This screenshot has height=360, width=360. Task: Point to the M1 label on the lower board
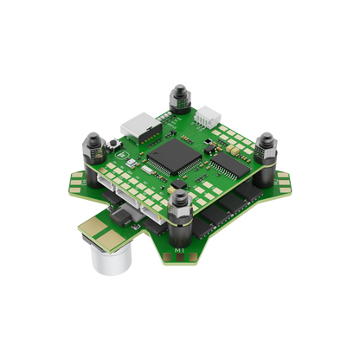coord(177,251)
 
